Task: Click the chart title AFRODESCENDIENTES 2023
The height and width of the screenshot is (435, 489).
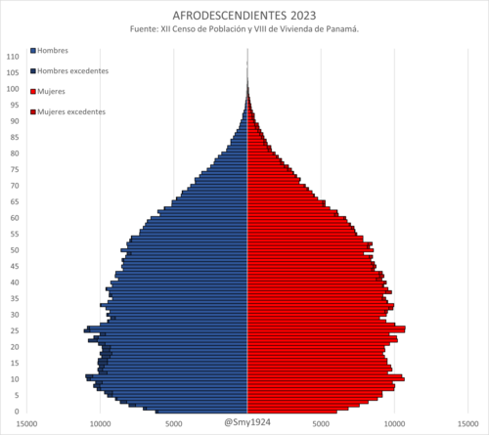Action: [x=244, y=16]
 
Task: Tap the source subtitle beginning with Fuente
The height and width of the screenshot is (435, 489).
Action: [x=244, y=29]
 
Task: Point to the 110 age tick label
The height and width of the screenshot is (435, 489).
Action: [x=13, y=57]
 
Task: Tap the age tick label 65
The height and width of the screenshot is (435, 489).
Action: [x=15, y=201]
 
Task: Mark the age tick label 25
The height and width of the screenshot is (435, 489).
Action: [x=15, y=330]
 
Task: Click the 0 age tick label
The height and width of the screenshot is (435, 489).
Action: [x=17, y=412]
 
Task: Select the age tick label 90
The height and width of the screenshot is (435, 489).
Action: [x=15, y=121]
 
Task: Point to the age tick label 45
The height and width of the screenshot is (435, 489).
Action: [x=15, y=266]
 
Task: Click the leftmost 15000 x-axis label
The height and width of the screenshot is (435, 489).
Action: [x=26, y=424]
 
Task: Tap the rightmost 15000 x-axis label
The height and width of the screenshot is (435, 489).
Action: [x=467, y=424]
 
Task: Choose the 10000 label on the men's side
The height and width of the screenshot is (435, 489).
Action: [x=101, y=424]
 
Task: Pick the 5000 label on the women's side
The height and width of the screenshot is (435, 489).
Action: [x=321, y=424]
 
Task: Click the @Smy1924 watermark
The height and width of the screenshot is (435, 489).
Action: [x=247, y=422]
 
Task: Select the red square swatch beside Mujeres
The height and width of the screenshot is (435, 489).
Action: [x=33, y=92]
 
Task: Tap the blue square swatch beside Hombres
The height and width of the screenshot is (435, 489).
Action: [x=33, y=51]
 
